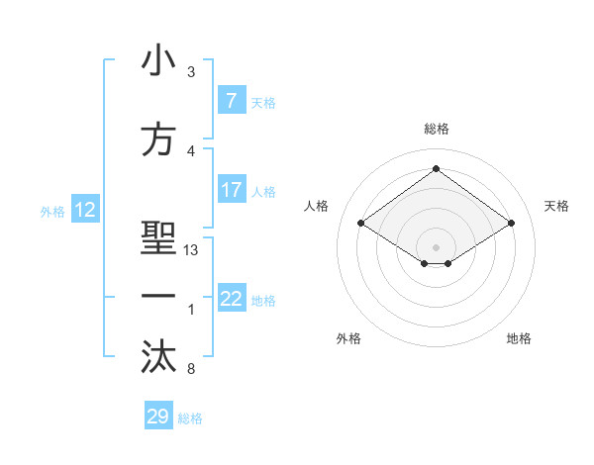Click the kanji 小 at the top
pyautogui.click(x=158, y=61)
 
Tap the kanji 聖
pyautogui.click(x=158, y=240)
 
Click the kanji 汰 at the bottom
pyautogui.click(x=158, y=358)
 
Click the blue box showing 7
pyautogui.click(x=231, y=101)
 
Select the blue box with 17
pyautogui.click(x=231, y=190)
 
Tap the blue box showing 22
pyautogui.click(x=231, y=299)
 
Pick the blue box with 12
pyautogui.click(x=85, y=210)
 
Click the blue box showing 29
pyautogui.click(x=158, y=417)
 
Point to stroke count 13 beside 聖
pyautogui.click(x=191, y=250)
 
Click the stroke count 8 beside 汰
pyautogui.click(x=190, y=370)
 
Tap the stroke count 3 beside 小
pyautogui.click(x=190, y=72)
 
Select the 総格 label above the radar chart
pyautogui.click(x=436, y=129)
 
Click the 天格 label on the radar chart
pyautogui.click(x=556, y=206)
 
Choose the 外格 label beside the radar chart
pyautogui.click(x=348, y=338)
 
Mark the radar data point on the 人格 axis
pyautogui.click(x=361, y=224)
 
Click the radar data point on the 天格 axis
pyautogui.click(x=511, y=224)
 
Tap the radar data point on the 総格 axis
pyautogui.click(x=436, y=169)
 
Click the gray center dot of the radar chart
pyautogui.click(x=436, y=246)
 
